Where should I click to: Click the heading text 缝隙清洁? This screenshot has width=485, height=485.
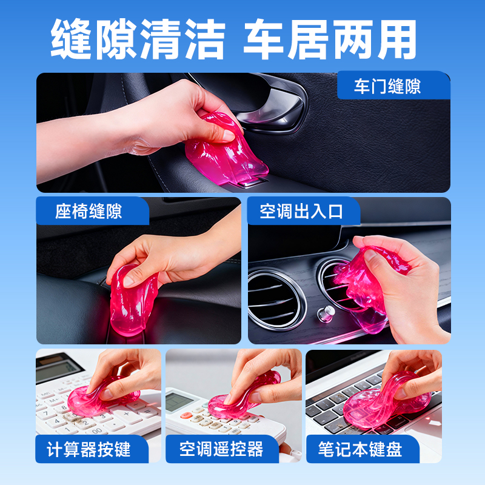tap(138, 39)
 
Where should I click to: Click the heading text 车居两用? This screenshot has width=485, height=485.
tap(330, 39)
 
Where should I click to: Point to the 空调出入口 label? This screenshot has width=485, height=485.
tap(301, 211)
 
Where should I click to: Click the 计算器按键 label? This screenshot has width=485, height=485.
tap(89, 449)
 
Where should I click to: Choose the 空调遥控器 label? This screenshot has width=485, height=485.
tap(221, 449)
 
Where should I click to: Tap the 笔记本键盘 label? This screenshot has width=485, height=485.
tap(360, 449)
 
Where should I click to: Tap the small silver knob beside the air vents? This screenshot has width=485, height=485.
tap(326, 313)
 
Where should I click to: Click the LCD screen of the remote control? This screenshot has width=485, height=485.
tap(181, 401)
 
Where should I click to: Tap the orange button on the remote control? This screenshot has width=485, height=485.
tap(187, 416)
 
